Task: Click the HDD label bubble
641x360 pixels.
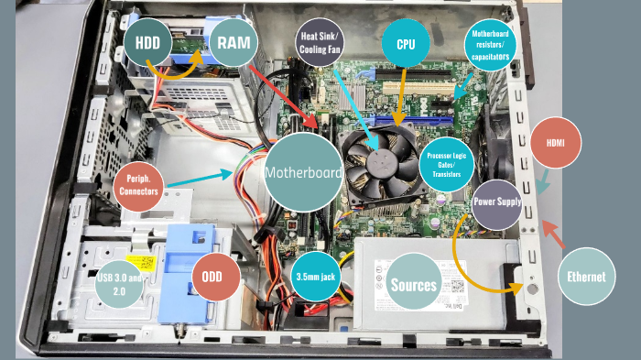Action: pos(147,42)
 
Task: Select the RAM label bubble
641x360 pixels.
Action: pos(233,42)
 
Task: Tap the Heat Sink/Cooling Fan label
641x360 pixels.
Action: pos(321,42)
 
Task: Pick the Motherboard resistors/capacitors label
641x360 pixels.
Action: pos(493,43)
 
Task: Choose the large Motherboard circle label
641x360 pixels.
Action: pos(303,172)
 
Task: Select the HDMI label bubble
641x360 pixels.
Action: pos(556,145)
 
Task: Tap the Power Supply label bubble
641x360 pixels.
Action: pos(496,204)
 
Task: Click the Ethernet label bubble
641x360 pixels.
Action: pos(585,275)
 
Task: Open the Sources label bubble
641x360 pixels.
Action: pos(414,285)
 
